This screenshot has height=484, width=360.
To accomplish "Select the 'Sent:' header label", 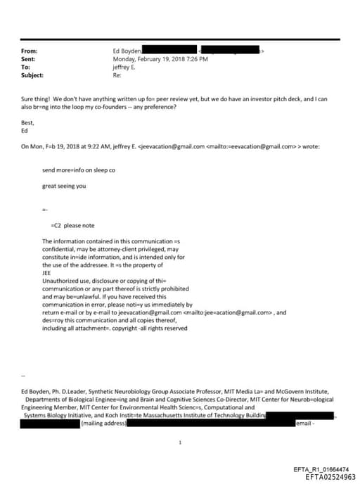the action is (x=29, y=59).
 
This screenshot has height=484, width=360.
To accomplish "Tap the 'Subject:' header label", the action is (x=32, y=75).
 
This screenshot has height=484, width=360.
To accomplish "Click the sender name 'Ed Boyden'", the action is (x=127, y=51).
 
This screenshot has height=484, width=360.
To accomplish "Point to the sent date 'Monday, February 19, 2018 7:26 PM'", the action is (x=160, y=59).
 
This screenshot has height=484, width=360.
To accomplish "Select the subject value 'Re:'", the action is (x=117, y=75).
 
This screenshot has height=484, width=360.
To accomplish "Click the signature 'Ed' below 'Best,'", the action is (x=25, y=130).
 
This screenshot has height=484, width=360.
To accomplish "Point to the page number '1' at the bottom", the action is (x=181, y=443).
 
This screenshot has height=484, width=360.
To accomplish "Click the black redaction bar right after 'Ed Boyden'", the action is (x=168, y=51).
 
